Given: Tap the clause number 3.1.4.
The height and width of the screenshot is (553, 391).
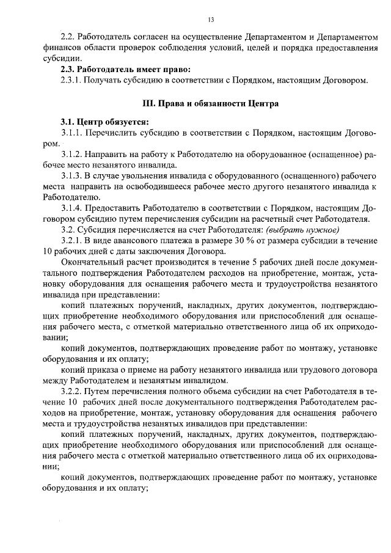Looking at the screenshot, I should [72, 208].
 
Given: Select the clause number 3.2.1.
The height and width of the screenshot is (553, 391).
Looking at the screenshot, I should [72, 241].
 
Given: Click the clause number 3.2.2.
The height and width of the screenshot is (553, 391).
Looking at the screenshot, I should [72, 390].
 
